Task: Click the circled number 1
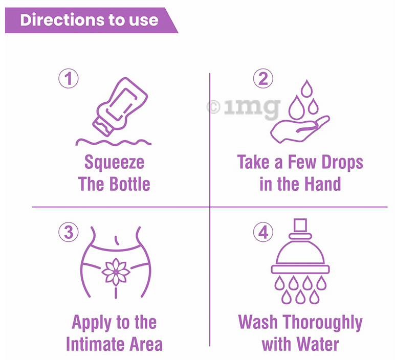(68, 79)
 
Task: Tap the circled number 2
(263, 79)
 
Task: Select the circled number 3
(68, 233)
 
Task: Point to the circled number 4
(263, 233)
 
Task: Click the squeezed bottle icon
(119, 105)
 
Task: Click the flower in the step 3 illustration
(116, 271)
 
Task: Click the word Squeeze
(114, 163)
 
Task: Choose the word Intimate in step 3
(98, 344)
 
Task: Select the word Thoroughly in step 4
(323, 323)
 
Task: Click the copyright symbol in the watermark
(213, 107)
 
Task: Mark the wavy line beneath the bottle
(114, 141)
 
